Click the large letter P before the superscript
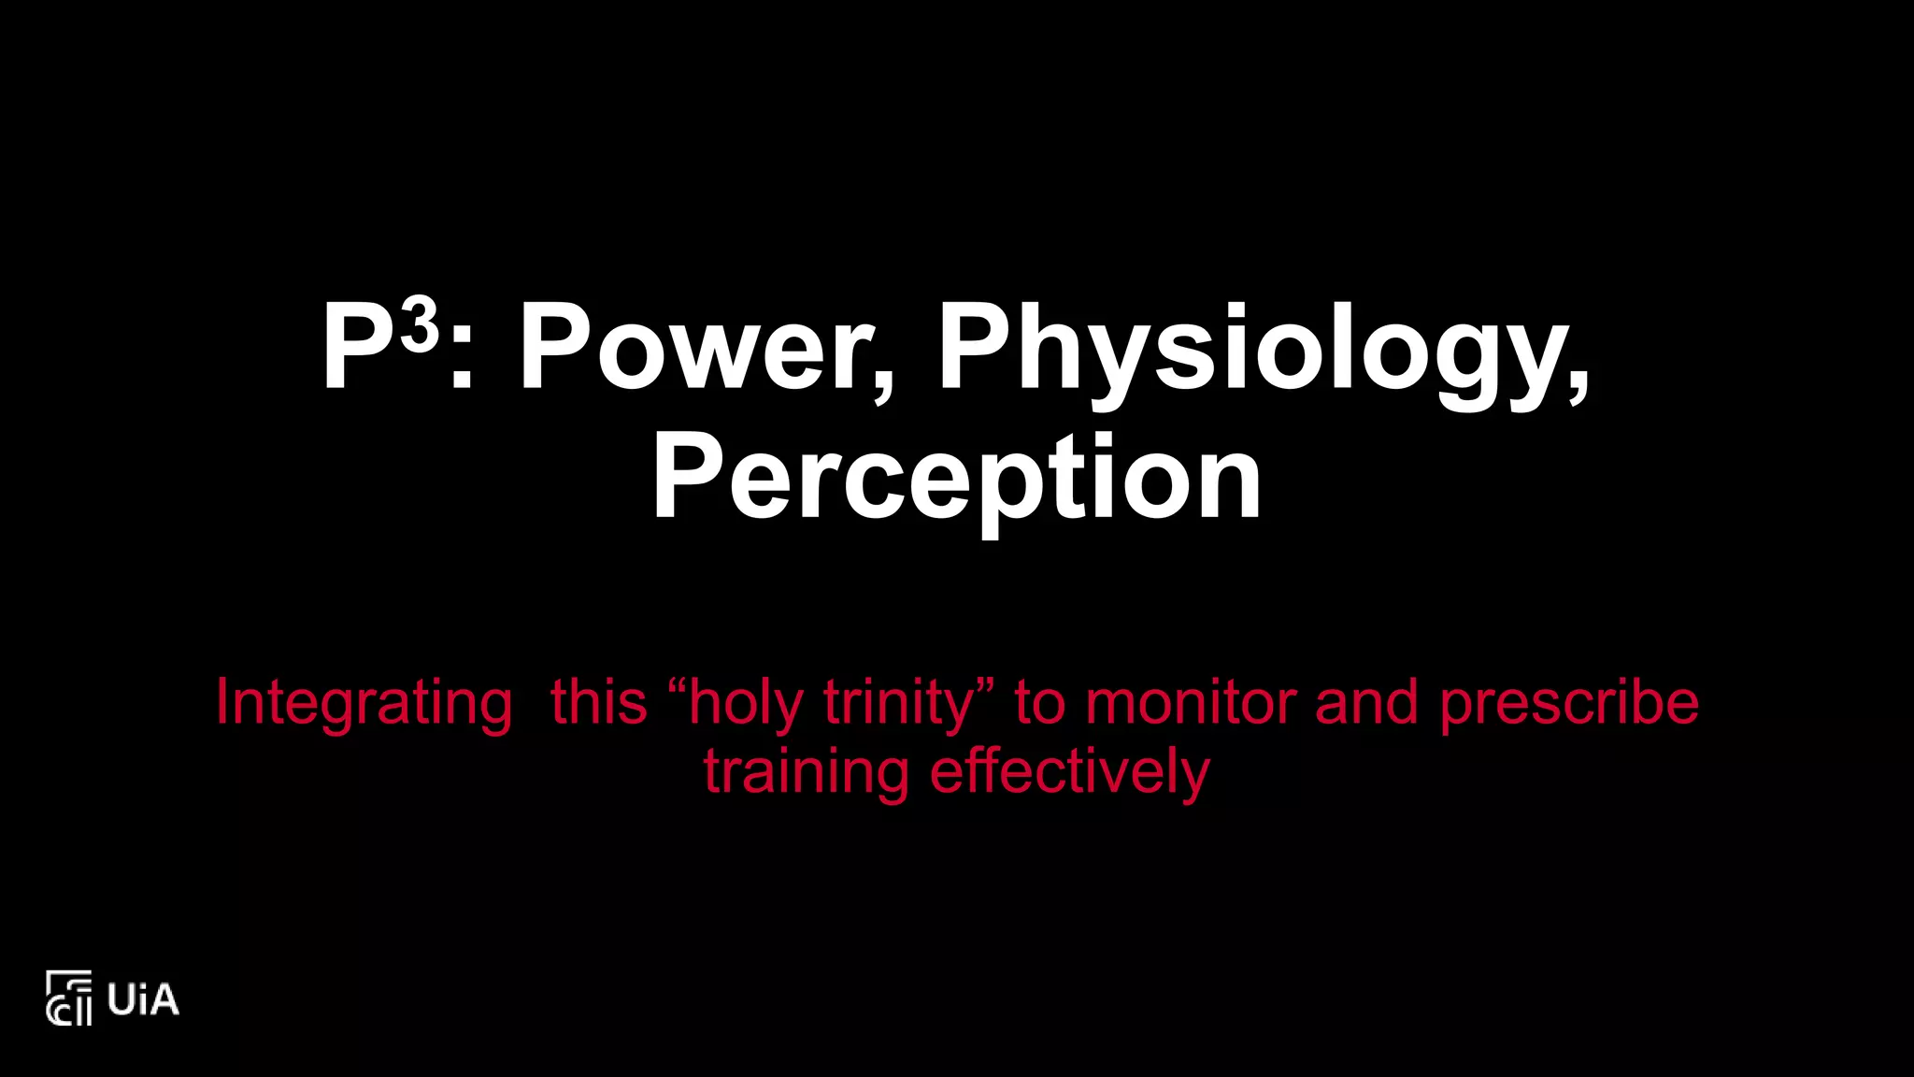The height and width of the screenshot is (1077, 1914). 359,348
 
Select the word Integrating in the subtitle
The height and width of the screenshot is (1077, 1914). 364,703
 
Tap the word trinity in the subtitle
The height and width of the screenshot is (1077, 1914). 898,703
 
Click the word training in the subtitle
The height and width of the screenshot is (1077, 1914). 806,772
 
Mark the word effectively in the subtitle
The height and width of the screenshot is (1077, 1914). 1069,772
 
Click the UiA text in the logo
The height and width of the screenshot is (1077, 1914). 142,999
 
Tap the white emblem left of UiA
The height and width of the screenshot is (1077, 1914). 69,998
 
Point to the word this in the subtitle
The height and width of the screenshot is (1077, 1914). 598,703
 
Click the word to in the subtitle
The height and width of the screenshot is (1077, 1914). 1038,703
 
